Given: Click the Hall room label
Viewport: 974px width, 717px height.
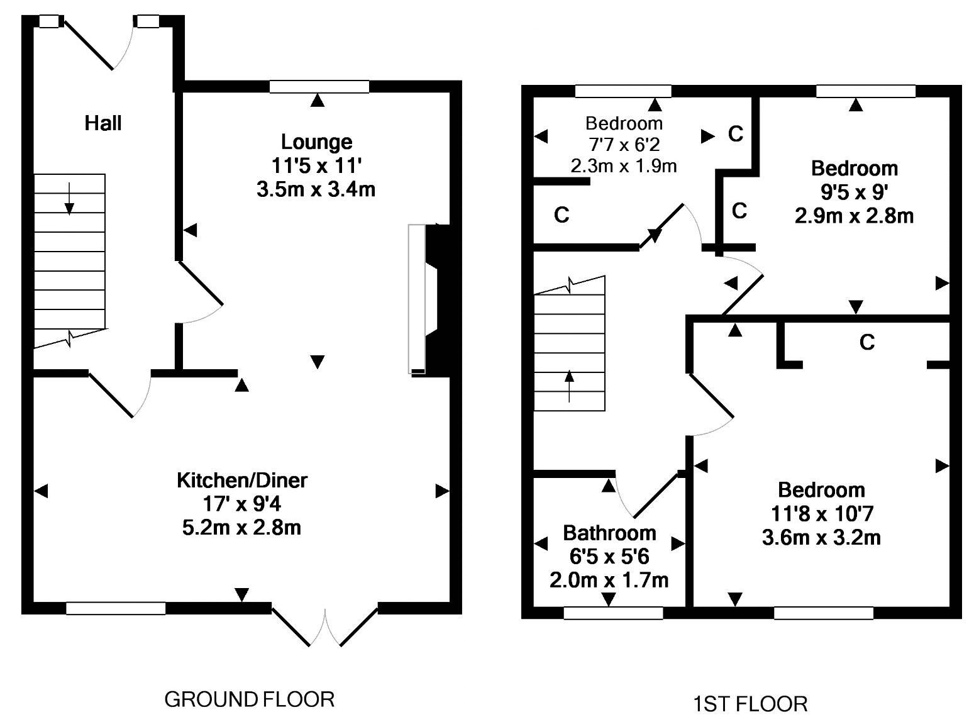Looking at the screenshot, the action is click(103, 123).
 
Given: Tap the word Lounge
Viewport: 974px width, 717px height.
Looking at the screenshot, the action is click(316, 142).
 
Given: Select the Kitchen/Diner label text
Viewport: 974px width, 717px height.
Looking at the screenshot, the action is click(242, 481).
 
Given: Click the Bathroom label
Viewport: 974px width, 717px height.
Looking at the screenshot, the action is click(609, 533).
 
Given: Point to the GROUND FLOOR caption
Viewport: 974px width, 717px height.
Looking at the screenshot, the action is click(249, 699).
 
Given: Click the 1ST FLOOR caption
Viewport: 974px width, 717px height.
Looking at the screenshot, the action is click(750, 703).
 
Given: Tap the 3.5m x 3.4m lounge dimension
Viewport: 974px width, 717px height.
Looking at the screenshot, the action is click(316, 189).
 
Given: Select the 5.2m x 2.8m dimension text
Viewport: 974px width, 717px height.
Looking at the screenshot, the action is click(242, 528).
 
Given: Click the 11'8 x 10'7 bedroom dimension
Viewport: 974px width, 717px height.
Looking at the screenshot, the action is click(822, 514).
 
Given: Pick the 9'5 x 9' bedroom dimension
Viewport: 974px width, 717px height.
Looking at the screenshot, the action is click(855, 192).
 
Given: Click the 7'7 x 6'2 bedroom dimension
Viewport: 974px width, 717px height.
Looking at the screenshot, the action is click(624, 145).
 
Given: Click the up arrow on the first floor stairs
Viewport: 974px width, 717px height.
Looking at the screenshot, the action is click(570, 386).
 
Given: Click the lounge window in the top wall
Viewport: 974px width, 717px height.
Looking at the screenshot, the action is click(319, 87).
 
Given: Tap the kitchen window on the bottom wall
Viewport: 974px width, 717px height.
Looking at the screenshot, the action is click(116, 608).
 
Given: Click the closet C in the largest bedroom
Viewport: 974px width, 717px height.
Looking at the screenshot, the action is click(867, 343).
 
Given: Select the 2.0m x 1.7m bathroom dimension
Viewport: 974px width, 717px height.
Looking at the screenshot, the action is click(609, 580).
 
